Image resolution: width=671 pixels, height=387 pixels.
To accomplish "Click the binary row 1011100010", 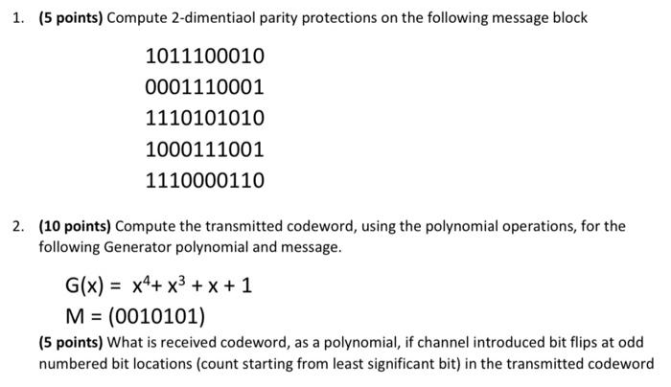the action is click(204, 57).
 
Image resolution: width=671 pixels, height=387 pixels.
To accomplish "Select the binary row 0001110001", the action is click(204, 87).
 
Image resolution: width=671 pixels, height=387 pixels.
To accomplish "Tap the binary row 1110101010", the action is click(204, 118).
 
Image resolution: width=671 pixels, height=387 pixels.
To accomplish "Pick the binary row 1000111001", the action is click(204, 149).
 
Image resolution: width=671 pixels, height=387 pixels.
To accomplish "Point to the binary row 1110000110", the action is click(204, 180).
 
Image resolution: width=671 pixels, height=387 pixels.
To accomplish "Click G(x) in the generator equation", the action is click(85, 285).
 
